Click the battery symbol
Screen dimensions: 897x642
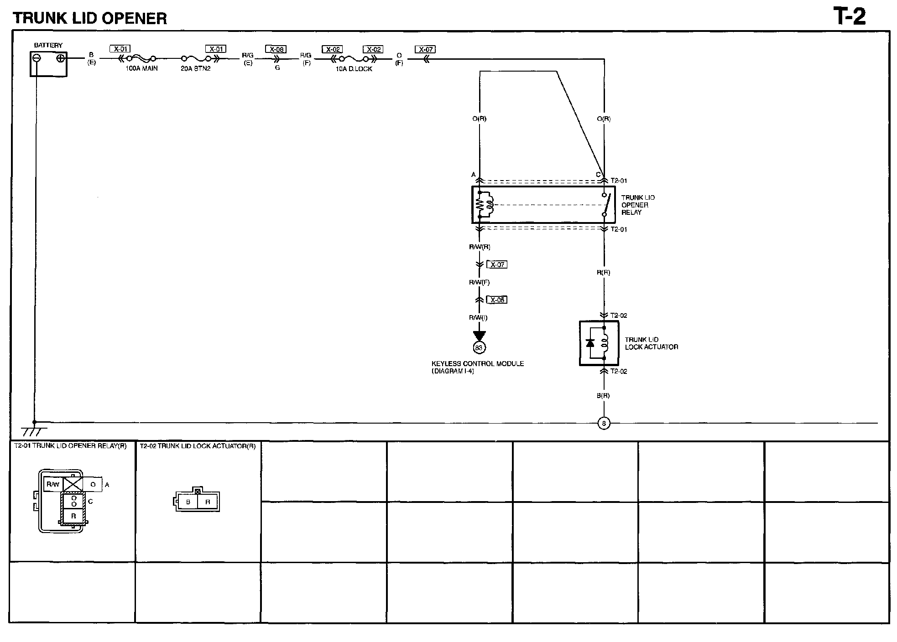48,63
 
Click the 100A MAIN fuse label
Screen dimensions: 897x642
141,68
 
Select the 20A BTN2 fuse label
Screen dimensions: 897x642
196,68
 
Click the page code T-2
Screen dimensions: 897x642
849,17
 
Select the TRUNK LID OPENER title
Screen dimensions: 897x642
90,18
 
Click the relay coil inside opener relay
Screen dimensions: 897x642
485,205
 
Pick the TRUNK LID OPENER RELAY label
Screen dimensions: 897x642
637,205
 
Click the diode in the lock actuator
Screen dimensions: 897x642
590,343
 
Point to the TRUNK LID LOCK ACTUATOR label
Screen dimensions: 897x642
651,343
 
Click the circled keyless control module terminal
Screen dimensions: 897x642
479,348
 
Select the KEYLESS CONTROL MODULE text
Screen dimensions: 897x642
477,364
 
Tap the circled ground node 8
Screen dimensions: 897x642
604,424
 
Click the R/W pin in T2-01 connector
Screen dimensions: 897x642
53,484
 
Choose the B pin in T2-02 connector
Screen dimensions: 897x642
188,502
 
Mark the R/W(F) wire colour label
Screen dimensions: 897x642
479,282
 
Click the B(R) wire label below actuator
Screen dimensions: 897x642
603,396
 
